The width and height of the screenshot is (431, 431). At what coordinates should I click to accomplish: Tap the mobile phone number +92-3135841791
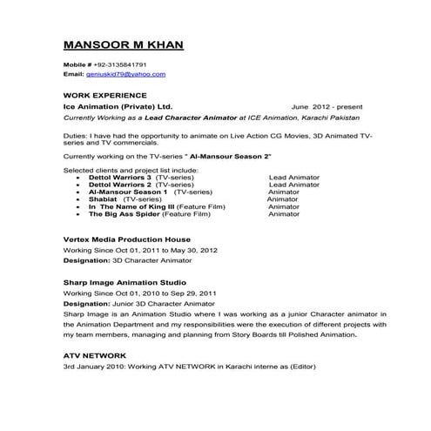[x=125, y=65]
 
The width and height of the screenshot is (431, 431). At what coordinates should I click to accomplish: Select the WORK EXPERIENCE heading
[x=105, y=94]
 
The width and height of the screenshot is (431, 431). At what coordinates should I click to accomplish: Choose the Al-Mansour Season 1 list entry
[x=122, y=192]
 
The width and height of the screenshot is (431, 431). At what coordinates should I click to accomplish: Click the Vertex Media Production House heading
[x=127, y=239]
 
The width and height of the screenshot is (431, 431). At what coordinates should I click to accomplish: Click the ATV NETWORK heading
[x=95, y=356]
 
